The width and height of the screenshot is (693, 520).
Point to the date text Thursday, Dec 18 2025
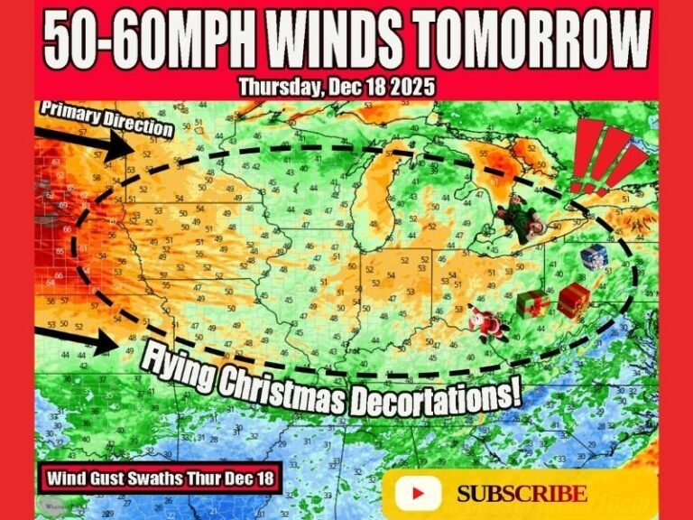tap(337, 88)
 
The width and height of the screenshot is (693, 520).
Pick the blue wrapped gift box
tap(594, 257)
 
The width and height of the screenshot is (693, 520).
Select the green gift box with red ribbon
tap(533, 304)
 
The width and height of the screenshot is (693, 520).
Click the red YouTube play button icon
tap(418, 493)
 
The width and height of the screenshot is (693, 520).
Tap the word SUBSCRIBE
tap(522, 494)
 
